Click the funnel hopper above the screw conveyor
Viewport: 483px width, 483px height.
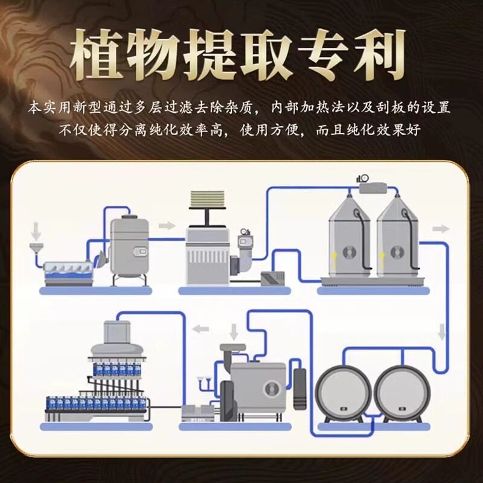coord(37,249)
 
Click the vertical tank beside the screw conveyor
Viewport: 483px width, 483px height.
coord(129,248)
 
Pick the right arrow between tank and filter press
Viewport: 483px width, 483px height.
coord(167,226)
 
